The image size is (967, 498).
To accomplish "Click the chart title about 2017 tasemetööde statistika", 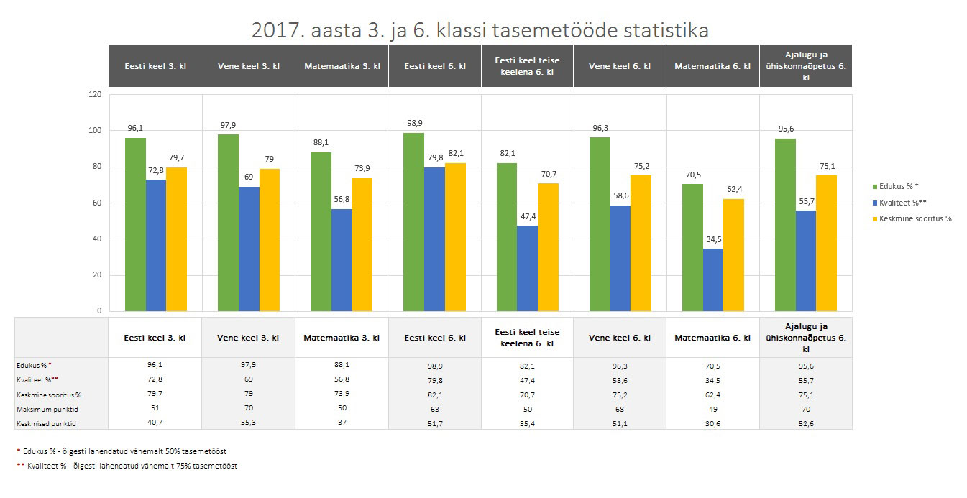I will click(480, 30).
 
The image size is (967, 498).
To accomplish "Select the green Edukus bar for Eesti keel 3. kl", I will click(135, 224).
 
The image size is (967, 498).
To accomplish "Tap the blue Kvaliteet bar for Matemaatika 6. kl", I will click(712, 280).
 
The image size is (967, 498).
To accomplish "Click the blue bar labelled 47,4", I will click(527, 268).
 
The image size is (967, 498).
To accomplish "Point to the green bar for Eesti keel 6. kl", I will click(413, 221).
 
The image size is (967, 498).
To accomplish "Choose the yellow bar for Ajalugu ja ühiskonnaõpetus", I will click(826, 243).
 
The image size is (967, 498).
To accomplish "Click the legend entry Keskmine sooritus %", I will click(912, 218).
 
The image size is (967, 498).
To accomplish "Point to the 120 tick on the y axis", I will click(95, 94).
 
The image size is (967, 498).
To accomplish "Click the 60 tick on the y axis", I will click(96, 203).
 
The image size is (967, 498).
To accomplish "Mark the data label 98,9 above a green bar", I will click(413, 124).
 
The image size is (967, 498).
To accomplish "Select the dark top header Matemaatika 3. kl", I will click(342, 66).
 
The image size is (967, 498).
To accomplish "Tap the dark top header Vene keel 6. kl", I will click(620, 66).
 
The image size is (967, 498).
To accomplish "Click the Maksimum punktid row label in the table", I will click(47, 409).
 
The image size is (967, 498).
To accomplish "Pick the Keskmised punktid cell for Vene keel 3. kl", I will click(248, 423).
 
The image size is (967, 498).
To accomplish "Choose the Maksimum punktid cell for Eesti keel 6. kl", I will click(434, 409).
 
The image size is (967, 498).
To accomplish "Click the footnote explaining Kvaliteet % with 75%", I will click(127, 466).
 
